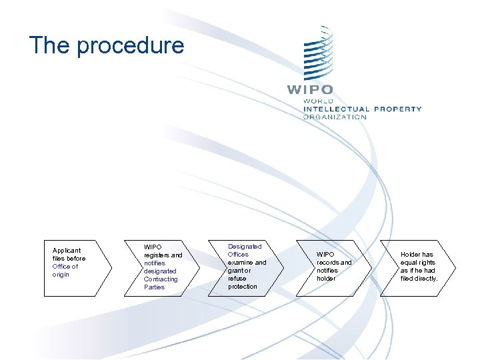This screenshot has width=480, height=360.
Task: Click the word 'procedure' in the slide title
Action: point(130,46)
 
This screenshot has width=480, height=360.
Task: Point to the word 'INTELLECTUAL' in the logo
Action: point(336,109)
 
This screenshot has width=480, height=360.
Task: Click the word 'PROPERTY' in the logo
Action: point(397,109)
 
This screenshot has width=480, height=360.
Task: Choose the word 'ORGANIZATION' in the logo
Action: point(335,117)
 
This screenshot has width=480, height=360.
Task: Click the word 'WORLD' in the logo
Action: point(319,101)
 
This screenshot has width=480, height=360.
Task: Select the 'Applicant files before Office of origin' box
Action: point(77,267)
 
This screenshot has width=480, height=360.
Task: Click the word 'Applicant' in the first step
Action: point(67,251)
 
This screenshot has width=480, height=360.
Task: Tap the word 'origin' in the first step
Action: point(61,275)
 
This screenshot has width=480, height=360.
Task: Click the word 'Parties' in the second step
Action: point(154,287)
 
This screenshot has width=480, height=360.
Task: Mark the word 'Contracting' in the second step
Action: point(161,279)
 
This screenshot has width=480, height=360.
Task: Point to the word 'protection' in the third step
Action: point(242,287)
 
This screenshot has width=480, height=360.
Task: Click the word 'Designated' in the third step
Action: point(245,247)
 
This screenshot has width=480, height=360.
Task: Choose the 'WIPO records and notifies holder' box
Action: point(337,267)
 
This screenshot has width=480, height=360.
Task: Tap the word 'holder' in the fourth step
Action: point(327,279)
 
